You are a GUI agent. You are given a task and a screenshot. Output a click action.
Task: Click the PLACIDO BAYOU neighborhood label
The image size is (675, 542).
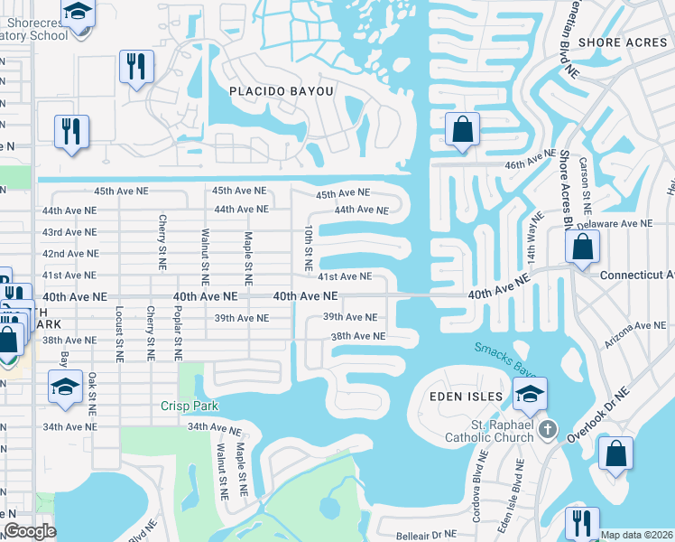click(x=282, y=91)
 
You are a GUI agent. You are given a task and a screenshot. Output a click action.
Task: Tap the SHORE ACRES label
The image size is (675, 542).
click(x=624, y=42)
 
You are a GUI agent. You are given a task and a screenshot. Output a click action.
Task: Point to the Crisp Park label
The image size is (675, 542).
click(x=190, y=406)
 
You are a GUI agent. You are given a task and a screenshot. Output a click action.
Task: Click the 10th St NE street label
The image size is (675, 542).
click(x=308, y=249)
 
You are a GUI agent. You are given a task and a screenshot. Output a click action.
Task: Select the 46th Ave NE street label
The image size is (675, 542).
click(x=530, y=161)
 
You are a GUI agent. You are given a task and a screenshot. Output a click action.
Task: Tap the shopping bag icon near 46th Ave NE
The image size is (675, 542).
click(x=462, y=130)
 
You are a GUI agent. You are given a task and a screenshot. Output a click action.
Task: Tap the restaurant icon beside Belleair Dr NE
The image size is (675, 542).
click(x=581, y=522)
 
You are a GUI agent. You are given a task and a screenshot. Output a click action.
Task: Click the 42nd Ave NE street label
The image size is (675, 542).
click(x=69, y=254)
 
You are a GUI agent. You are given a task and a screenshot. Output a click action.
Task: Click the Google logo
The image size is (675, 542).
click(x=30, y=532)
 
